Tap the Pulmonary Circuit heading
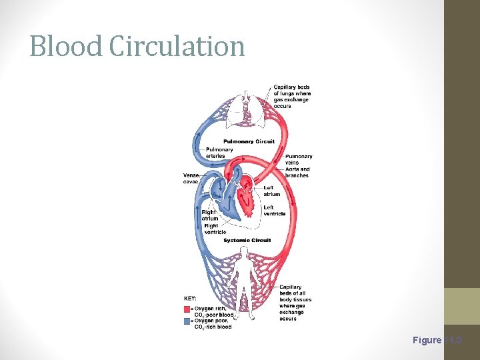(x=249, y=141)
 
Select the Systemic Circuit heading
(x=247, y=240)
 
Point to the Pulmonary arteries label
(x=219, y=153)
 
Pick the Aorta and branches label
(x=297, y=172)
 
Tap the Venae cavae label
(x=191, y=178)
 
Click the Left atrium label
(x=271, y=191)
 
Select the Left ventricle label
(x=274, y=211)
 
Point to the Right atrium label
(x=210, y=215)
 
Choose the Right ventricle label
(x=215, y=229)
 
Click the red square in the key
(x=186, y=309)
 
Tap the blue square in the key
(x=186, y=321)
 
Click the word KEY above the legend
(x=190, y=298)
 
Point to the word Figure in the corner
(x=427, y=340)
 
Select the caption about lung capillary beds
(x=291, y=97)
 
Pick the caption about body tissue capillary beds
(x=295, y=303)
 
